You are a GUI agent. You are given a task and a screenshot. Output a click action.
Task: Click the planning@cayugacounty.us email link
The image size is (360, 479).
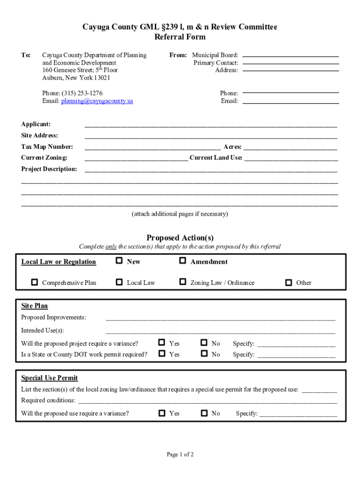click(97, 101)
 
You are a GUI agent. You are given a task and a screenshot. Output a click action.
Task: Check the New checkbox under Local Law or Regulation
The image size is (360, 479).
click(119, 261)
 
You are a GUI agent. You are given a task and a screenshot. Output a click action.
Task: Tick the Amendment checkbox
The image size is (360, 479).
click(183, 261)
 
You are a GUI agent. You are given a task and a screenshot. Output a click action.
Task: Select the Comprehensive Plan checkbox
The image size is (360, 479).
click(35, 283)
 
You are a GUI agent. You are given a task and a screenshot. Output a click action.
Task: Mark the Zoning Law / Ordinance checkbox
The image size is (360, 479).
click(183, 282)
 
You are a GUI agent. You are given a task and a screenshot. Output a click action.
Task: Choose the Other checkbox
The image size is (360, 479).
click(288, 283)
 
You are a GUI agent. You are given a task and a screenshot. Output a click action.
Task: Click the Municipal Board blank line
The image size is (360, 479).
click(291, 56)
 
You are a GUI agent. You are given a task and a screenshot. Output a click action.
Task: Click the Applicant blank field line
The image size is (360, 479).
click(210, 126)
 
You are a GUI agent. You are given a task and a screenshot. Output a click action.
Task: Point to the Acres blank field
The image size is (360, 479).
click(290, 149)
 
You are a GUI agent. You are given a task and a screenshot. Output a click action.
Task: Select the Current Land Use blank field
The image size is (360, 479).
click(291, 160)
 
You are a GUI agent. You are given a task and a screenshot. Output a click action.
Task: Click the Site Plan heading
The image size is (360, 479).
click(35, 306)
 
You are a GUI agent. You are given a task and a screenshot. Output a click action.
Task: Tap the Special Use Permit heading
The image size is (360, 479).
click(50, 378)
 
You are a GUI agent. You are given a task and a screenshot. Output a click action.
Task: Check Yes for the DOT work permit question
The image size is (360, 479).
click(162, 354)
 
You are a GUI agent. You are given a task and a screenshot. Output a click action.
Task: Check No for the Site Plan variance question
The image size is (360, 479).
click(204, 343)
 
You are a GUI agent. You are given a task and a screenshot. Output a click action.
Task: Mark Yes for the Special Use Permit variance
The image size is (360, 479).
click(162, 413)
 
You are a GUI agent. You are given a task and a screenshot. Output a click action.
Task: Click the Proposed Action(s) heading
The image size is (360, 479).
click(180, 238)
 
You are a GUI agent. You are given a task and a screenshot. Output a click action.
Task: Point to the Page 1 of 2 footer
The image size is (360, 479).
click(180, 454)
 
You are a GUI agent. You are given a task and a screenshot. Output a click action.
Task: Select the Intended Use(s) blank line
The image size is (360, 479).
click(221, 332)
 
